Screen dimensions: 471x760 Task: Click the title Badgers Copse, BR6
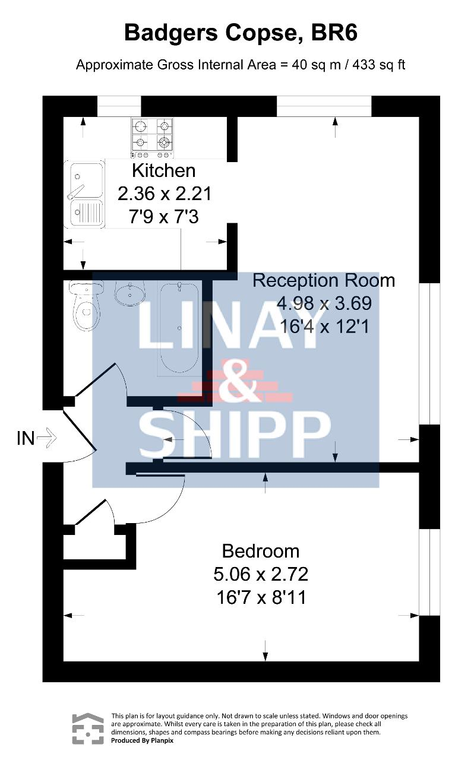click(241, 33)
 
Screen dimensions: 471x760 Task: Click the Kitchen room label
click(163, 170)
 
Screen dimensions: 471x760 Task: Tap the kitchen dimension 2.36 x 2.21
click(165, 194)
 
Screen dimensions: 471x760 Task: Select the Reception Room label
click(324, 281)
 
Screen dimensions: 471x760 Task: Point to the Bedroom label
click(261, 551)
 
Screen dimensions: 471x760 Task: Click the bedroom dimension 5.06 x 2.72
click(261, 574)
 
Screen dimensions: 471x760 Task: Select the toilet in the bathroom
click(86, 305)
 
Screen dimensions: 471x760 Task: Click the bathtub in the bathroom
click(179, 328)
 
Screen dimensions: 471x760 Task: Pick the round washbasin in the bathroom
click(130, 293)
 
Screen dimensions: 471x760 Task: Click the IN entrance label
click(26, 438)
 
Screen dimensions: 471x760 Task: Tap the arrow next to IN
click(46, 438)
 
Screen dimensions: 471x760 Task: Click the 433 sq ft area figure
click(379, 65)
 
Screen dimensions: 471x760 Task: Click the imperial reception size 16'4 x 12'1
click(324, 327)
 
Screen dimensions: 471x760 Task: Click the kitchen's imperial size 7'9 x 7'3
click(163, 217)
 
